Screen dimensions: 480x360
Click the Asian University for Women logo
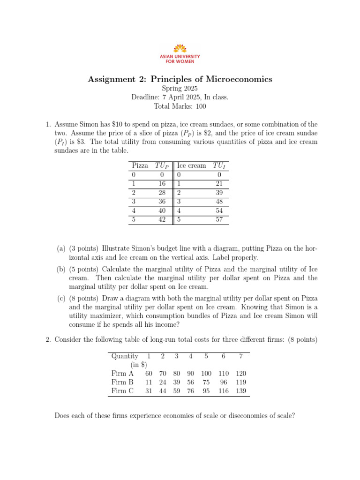pos(180,53)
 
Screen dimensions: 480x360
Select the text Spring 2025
pos(180,88)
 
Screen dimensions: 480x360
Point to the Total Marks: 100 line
pos(180,106)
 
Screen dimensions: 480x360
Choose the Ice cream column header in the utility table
pos(191,165)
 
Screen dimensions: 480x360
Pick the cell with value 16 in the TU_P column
pos(162,183)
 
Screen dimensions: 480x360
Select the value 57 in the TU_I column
pos(219,219)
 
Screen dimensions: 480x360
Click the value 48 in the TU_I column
pos(219,201)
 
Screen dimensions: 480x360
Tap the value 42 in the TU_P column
pos(162,219)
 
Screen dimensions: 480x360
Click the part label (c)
pos(61,298)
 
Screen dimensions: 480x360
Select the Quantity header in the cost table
pos(125,356)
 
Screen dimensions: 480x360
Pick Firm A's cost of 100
pos(206,373)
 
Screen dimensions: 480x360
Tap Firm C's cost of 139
pos(240,391)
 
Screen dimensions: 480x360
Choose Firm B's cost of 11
pos(149,382)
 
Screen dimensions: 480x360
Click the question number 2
pos(48,339)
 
